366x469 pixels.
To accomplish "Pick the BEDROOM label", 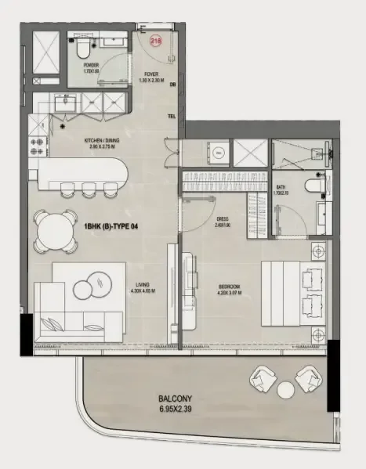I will click(229, 287).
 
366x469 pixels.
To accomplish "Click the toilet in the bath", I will click(313, 189).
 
